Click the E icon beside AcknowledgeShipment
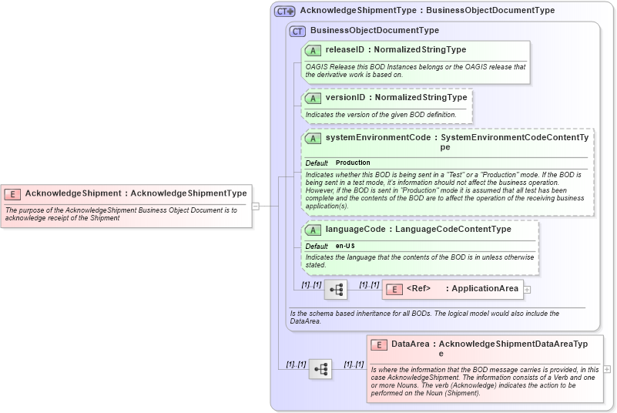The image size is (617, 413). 12,193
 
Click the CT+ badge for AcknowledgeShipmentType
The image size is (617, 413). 284,11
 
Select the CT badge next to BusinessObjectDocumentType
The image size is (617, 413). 297,31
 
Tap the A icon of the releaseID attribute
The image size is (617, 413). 314,50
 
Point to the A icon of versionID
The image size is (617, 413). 314,98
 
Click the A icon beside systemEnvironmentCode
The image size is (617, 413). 314,138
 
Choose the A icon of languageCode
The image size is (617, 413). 314,230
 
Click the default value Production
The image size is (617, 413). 353,163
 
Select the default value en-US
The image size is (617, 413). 346,246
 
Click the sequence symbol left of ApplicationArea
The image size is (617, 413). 336,290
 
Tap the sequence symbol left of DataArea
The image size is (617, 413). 320,369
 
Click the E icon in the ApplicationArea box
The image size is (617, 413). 394,289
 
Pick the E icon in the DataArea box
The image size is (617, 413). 378,344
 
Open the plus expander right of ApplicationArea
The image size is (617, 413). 528,290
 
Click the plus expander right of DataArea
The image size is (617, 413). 607,369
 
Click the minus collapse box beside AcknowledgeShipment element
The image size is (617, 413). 255,206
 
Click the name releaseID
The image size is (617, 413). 344,50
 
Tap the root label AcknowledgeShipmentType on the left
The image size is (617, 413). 189,193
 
